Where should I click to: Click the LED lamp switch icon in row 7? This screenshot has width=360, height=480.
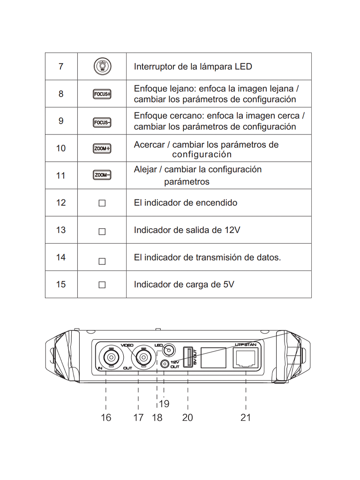click(x=102, y=67)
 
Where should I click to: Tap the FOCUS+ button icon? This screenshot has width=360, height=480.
click(x=102, y=94)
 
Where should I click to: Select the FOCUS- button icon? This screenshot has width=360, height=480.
click(x=102, y=123)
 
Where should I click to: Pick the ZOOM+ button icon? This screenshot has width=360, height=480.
click(x=102, y=149)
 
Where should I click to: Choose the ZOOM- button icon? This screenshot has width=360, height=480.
click(x=102, y=176)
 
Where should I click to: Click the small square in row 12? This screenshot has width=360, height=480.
click(x=102, y=203)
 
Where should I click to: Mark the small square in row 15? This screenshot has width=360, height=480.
click(x=102, y=285)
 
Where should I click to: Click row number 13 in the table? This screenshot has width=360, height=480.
click(x=61, y=230)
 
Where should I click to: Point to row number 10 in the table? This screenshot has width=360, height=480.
click(x=61, y=149)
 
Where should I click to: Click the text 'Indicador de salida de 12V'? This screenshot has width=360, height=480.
click(x=187, y=230)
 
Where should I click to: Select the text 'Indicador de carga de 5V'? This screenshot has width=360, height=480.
click(x=184, y=285)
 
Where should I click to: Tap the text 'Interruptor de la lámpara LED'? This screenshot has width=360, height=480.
click(x=193, y=67)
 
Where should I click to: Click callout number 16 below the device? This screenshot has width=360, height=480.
click(x=106, y=417)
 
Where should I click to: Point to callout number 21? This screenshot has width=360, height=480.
click(x=246, y=417)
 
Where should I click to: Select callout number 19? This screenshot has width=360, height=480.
click(x=164, y=404)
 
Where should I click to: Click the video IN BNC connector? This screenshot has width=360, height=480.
click(x=112, y=358)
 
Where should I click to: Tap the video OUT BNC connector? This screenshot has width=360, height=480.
click(x=142, y=359)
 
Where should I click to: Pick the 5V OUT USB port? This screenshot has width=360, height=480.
click(x=187, y=358)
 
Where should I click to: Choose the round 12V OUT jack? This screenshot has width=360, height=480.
click(x=165, y=364)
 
